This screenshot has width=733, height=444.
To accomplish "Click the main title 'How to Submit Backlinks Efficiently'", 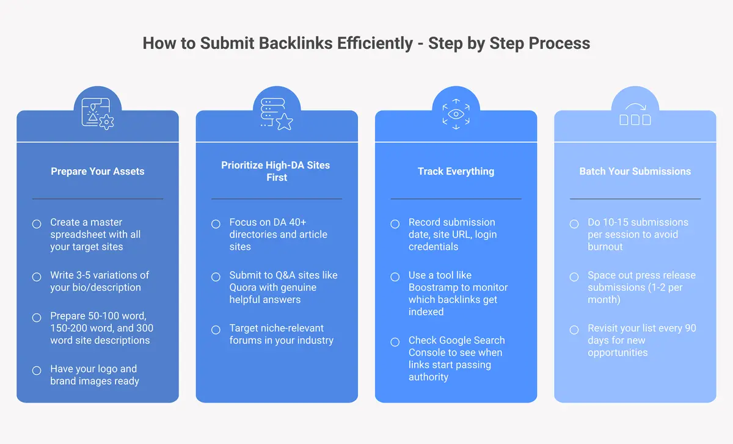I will pyautogui.click(x=277, y=43).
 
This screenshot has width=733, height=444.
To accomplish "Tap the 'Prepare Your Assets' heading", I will pyautogui.click(x=98, y=171).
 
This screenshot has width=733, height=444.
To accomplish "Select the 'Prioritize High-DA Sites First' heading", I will pyautogui.click(x=277, y=171).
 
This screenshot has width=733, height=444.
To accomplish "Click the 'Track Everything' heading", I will pyautogui.click(x=456, y=171).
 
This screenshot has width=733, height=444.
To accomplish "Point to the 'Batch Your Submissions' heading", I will pyautogui.click(x=635, y=171).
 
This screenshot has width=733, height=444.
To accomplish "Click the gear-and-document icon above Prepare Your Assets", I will pyautogui.click(x=98, y=115).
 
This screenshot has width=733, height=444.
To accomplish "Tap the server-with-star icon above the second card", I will pyautogui.click(x=277, y=115).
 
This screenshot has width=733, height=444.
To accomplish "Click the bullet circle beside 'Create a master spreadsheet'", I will pyautogui.click(x=37, y=224).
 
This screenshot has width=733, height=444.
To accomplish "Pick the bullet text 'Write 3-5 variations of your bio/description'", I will pyautogui.click(x=100, y=281).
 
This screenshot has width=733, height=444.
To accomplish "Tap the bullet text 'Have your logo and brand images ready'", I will pyautogui.click(x=94, y=375).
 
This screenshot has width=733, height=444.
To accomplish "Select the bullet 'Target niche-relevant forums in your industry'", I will pyautogui.click(x=281, y=334).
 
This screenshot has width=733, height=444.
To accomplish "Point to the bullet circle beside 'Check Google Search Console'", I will pyautogui.click(x=395, y=342).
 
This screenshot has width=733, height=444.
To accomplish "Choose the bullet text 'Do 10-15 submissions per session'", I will pyautogui.click(x=637, y=228).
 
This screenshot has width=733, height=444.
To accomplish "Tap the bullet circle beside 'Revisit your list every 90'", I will pyautogui.click(x=574, y=330).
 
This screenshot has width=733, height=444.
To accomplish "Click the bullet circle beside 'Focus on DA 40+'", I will pyautogui.click(x=216, y=224).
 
